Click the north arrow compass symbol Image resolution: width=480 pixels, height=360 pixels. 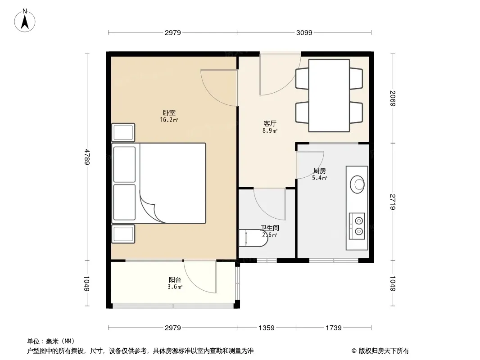pos(25,21)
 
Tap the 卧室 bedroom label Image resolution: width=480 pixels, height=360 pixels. pos(169,113)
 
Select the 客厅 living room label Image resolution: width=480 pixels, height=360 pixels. pos(270,124)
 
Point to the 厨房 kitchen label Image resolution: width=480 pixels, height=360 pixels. pos(320,171)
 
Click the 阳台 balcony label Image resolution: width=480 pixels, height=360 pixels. pos(175,279)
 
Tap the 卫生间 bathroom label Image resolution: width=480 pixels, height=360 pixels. pos(270,228)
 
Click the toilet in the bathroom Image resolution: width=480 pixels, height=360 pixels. pos(253,238)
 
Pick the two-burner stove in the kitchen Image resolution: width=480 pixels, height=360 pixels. pos(357,226)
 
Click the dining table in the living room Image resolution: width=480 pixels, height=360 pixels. pos(329,96)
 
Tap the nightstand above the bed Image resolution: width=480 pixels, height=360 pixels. pos(123,132)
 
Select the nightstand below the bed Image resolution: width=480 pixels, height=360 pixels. pos(123,234)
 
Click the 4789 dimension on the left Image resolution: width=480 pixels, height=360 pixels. pos(87,157)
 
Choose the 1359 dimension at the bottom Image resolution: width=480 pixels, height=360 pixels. pos(266,328)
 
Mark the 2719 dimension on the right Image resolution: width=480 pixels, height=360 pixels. pos(393,202)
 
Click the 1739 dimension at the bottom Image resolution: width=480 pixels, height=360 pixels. pos(333,328)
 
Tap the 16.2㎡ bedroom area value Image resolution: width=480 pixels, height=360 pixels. pos(169,120)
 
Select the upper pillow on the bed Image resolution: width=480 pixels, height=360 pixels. pos(124,165)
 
